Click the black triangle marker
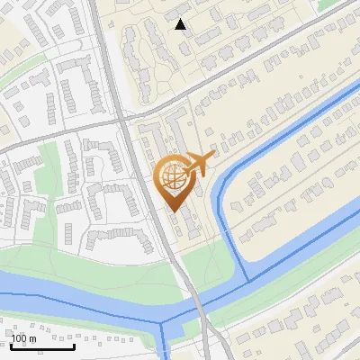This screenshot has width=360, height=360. [181, 24]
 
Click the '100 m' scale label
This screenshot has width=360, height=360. [24, 338]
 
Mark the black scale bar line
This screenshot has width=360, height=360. [42, 346]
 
